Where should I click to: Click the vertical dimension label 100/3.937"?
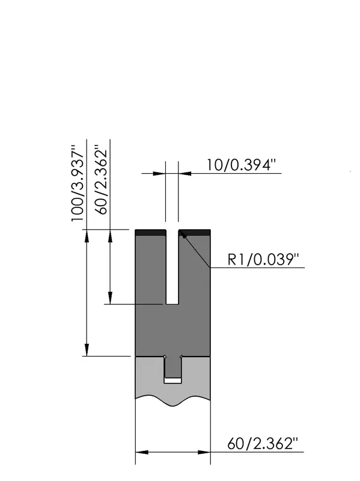[x=78, y=183]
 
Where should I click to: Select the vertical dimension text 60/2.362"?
[x=100, y=179]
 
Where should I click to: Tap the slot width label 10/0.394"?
[x=239, y=165]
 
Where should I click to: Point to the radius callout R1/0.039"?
[x=263, y=260]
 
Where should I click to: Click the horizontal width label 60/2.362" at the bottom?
[x=263, y=444]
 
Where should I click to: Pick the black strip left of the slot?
[x=151, y=232]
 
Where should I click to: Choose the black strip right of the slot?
[x=194, y=232]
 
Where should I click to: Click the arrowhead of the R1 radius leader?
[x=182, y=234]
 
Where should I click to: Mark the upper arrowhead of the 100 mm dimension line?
[x=87, y=236]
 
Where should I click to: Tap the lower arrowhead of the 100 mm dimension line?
[x=87, y=350]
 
